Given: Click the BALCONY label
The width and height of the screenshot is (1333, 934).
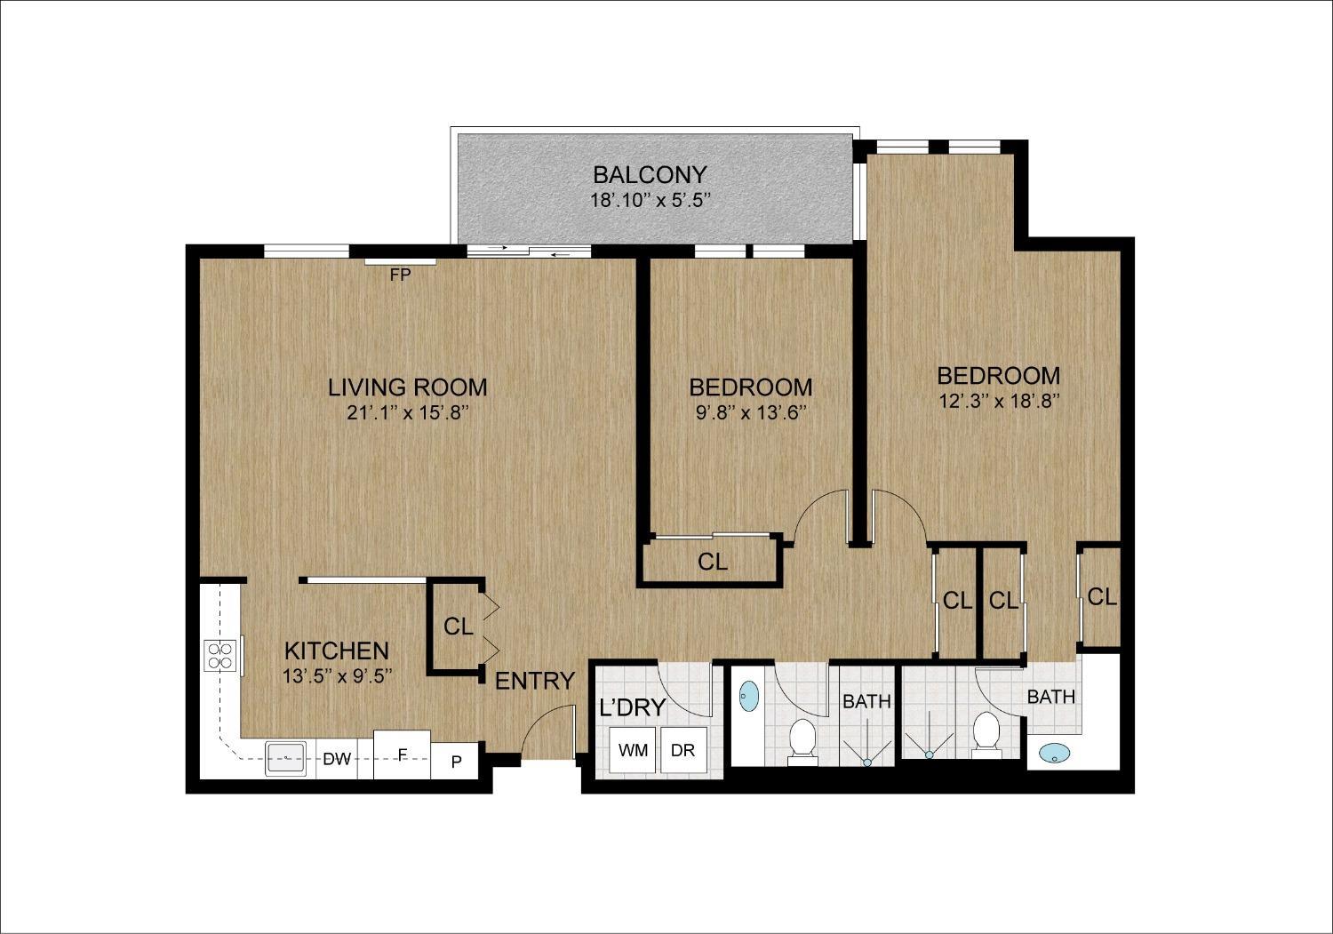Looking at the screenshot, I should tap(650, 174).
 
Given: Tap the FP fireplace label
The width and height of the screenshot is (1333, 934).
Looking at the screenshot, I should tap(400, 275).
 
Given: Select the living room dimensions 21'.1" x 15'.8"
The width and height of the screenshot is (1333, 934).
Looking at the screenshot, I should tap(407, 412).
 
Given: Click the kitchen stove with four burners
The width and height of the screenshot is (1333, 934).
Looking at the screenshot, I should tap(220, 655).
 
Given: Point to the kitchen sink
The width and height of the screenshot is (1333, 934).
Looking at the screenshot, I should tap(286, 759).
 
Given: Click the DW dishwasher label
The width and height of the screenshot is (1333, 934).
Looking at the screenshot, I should tap(336, 759).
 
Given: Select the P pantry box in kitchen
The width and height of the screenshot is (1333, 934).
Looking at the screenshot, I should tap(456, 762).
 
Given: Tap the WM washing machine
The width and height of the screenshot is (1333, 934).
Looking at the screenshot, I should tap(633, 750).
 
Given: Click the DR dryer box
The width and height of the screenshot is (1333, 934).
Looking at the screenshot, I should tap(682, 750).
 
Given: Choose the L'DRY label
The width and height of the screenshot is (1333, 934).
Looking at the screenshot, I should tap(633, 707).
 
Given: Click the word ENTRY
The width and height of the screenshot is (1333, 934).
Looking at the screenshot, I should tap(534, 682).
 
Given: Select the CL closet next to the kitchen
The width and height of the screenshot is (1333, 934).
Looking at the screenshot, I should tap(458, 627).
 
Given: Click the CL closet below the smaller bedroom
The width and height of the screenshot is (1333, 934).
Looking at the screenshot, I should tap(712, 562).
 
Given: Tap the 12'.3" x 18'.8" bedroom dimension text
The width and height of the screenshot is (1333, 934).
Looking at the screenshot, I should tap(999, 401).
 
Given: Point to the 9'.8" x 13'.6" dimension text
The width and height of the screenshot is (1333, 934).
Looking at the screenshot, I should tap(750, 412).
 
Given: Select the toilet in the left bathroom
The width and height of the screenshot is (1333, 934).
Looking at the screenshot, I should tap(802, 739).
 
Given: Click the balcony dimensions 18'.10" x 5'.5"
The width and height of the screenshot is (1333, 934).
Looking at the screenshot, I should tap(650, 200).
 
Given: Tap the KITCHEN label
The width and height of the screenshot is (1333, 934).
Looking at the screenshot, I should tap(336, 651).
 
